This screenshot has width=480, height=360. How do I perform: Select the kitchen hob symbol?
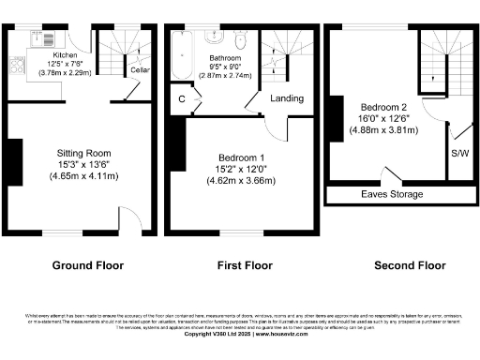[x=16, y=66]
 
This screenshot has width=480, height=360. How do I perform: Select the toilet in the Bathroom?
[x=241, y=39]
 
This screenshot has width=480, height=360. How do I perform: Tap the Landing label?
[x=286, y=97]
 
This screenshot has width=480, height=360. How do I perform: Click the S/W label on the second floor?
[x=460, y=153]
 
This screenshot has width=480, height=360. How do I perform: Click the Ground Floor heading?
[x=87, y=265]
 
